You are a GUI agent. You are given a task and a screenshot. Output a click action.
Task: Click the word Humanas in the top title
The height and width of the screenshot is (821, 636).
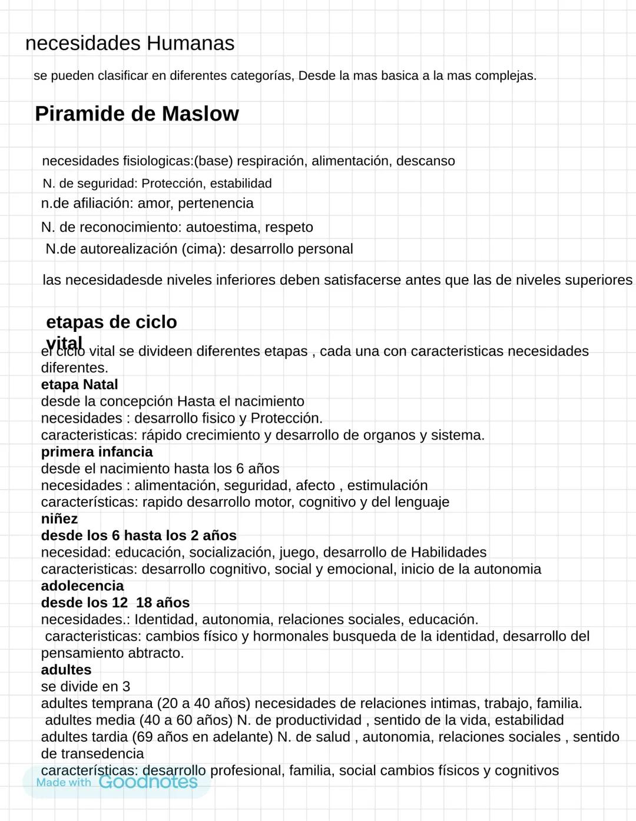(190, 43)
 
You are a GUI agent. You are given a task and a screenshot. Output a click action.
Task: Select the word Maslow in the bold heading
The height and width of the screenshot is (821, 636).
(200, 114)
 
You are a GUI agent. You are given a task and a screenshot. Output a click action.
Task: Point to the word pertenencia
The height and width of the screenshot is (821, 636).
(216, 204)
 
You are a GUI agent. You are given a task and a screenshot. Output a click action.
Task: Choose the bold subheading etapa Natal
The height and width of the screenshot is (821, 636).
(79, 385)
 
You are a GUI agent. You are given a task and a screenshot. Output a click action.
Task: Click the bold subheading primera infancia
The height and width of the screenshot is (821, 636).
(97, 452)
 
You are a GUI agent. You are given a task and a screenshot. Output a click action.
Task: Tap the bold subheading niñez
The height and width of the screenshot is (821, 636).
(59, 519)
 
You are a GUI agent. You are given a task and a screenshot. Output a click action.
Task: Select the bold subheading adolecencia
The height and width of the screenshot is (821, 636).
(82, 586)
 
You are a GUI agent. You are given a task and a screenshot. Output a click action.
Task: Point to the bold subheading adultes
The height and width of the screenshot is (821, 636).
(66, 670)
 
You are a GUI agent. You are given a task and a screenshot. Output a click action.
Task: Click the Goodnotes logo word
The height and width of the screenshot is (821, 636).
(148, 782)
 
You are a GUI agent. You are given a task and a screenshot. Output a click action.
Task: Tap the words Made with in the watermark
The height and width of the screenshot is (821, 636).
(64, 783)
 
